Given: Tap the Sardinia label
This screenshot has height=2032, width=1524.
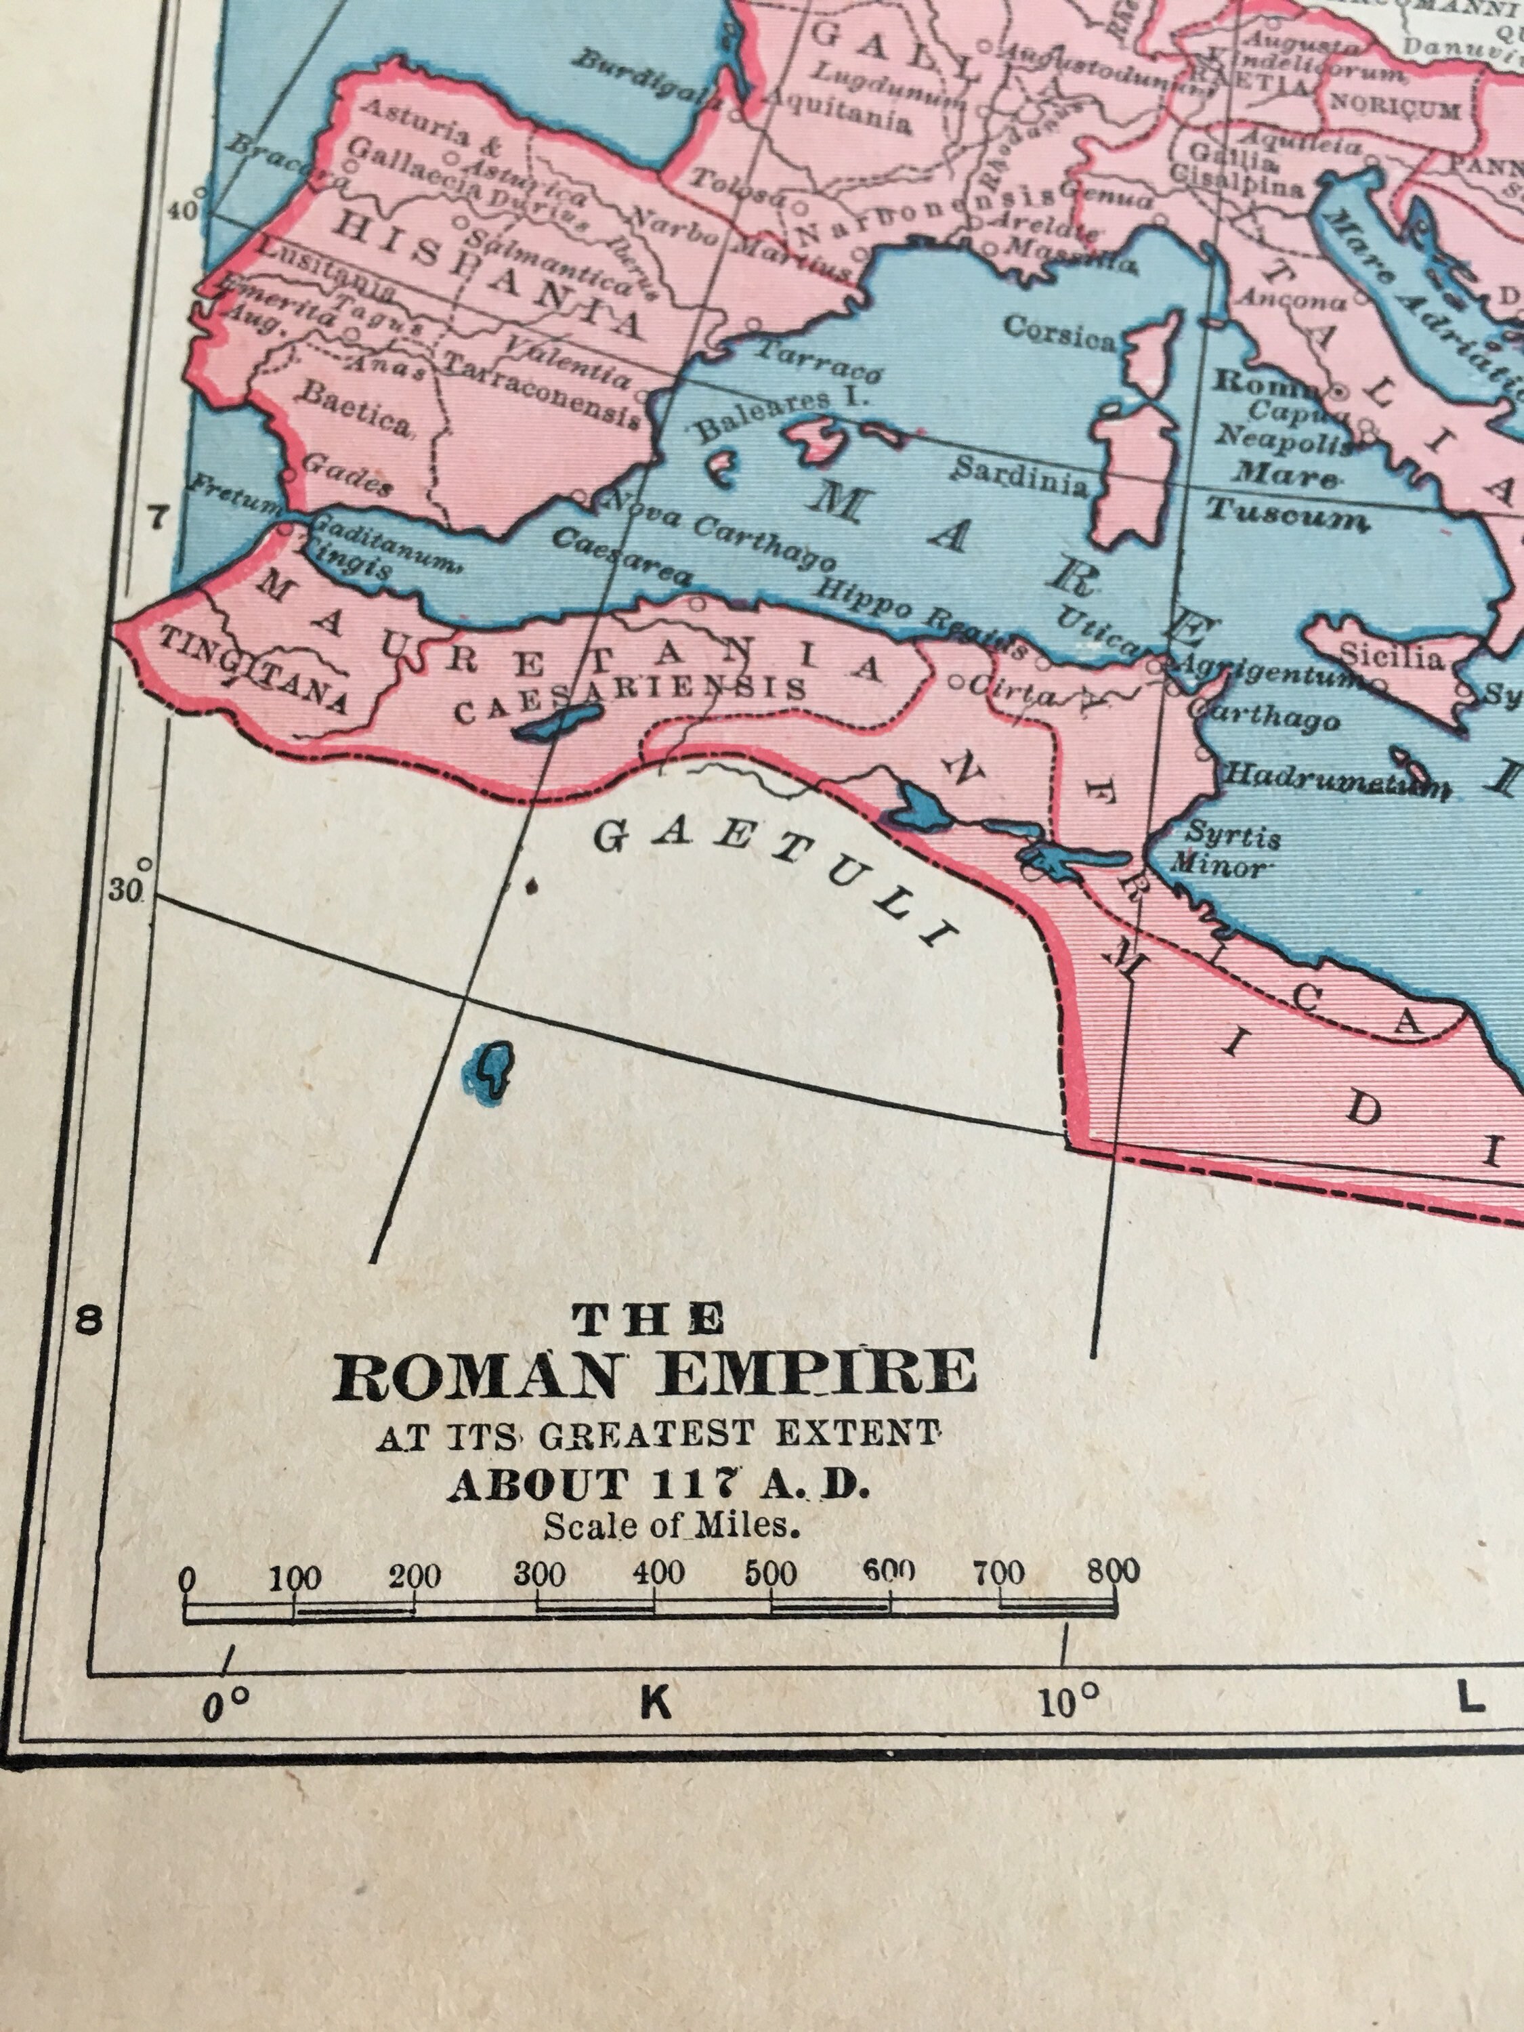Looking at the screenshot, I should coord(1019,476).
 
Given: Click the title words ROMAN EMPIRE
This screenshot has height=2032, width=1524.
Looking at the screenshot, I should coord(654,1375).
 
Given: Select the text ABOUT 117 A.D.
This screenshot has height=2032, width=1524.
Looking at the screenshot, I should coord(657,1485).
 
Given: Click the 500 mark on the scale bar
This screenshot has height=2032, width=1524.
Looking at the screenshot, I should coord(771,1573).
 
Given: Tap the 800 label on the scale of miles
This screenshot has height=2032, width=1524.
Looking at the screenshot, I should coord(1114,1570).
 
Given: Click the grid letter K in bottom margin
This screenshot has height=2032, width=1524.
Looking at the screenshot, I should coord(656,1702).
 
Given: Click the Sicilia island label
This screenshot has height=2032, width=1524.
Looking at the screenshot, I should coord(1392,656).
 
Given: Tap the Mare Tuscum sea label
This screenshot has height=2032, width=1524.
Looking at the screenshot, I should coord(1286,496).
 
